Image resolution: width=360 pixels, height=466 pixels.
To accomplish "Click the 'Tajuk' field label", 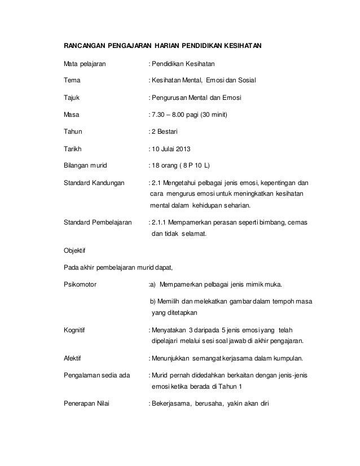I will pos(71,98).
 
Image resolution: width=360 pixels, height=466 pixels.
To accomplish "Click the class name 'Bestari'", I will pos(166,132).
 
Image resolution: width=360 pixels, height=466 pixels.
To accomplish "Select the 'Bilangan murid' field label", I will pos(85,166).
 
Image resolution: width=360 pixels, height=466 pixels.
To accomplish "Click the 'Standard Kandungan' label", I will pos(93,183).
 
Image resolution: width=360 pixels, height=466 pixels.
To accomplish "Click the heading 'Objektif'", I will pos(74,249).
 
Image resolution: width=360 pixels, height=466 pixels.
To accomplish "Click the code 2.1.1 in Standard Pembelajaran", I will pos(159,223).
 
